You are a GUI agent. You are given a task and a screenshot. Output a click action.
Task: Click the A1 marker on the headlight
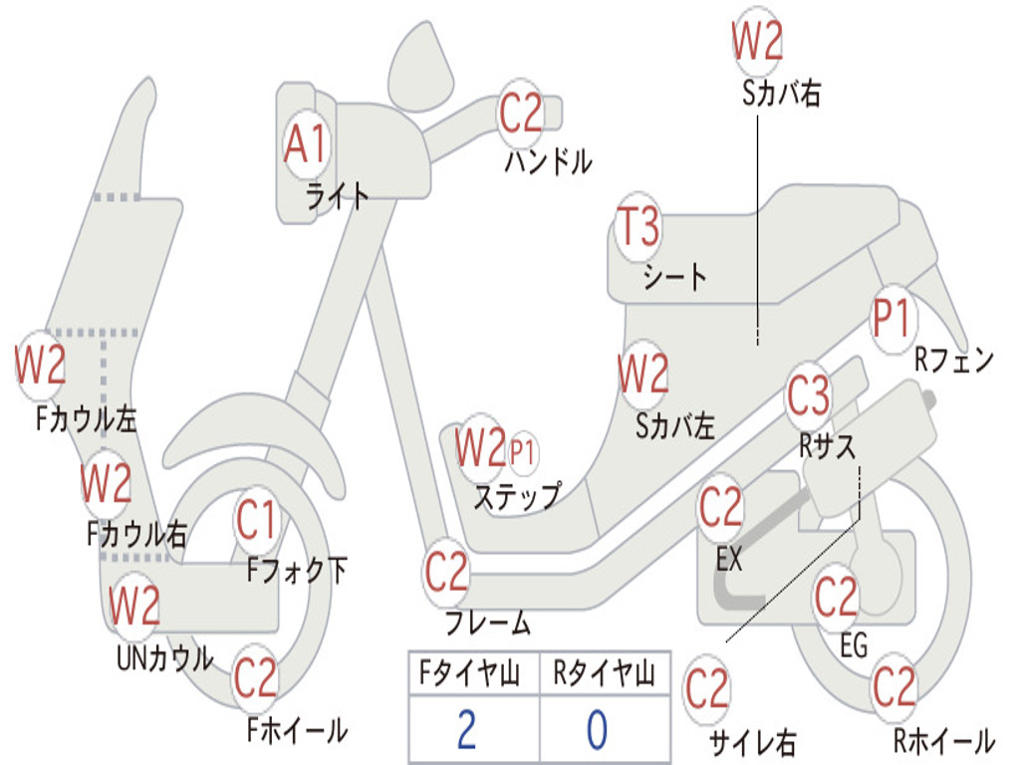305,145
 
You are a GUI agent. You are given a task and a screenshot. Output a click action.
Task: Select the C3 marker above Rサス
808,396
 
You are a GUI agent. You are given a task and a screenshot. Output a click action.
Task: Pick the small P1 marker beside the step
523,451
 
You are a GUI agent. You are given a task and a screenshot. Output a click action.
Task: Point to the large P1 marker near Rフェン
892,320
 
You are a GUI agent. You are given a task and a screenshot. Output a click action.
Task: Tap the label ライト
338,196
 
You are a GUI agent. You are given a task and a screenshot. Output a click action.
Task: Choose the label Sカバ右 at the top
782,94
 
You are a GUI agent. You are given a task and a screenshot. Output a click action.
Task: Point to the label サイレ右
752,742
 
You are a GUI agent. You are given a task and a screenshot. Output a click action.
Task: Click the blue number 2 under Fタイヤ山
466,730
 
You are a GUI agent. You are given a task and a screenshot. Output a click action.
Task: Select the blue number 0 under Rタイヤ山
597,730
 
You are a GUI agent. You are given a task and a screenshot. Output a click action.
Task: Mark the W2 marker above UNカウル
134,606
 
